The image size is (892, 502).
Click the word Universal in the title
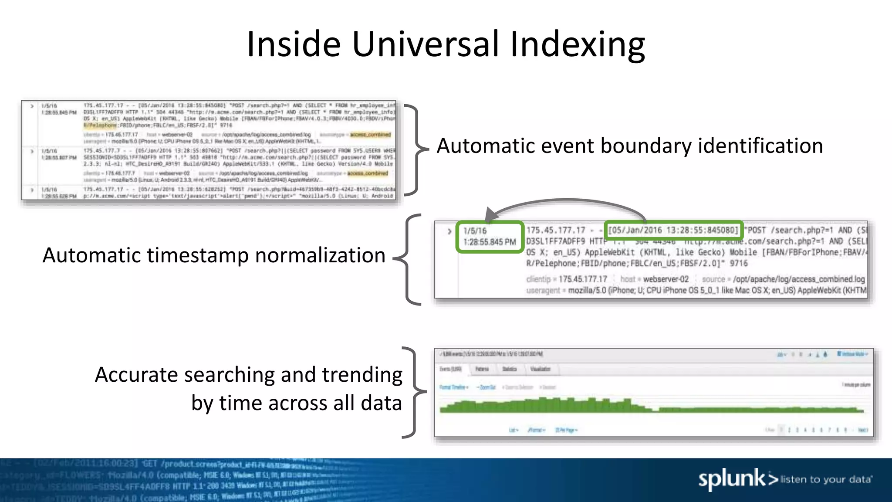pyautogui.click(x=426, y=44)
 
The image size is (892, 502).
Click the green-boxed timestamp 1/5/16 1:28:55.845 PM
pyautogui.click(x=489, y=237)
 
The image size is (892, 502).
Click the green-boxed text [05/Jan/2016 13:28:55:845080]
pyautogui.click(x=673, y=230)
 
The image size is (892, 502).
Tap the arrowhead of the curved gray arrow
pyautogui.click(x=492, y=214)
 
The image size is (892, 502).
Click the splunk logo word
pyautogui.click(x=731, y=479)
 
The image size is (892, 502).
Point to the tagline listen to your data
pyautogui.click(x=826, y=480)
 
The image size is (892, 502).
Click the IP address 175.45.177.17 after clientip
pyautogui.click(x=583, y=279)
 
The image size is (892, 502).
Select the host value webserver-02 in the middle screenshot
pyautogui.click(x=666, y=279)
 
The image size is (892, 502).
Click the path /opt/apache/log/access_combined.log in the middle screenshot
pyautogui.click(x=799, y=279)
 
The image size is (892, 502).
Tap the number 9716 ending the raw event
pyautogui.click(x=739, y=263)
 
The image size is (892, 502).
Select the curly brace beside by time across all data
pyautogui.click(x=414, y=392)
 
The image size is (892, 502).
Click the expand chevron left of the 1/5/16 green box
pyautogui.click(x=449, y=231)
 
